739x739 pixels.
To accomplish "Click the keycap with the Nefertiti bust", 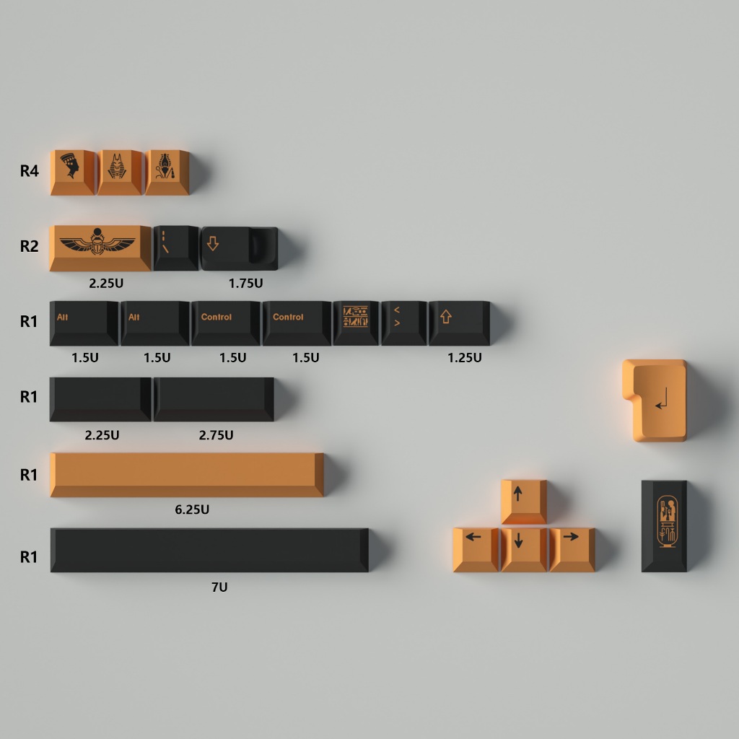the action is click(73, 172).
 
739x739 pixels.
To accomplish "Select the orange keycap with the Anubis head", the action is click(119, 172).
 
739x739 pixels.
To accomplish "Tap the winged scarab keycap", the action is click(100, 248).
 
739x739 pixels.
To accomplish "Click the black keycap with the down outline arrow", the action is click(240, 248).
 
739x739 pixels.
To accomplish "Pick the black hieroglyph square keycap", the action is click(356, 323).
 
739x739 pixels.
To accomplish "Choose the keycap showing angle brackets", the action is click(404, 323).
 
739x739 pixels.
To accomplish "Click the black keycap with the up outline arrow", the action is click(460, 323).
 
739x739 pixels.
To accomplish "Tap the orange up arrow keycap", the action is click(524, 502).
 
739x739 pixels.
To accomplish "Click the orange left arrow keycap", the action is click(476, 549).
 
